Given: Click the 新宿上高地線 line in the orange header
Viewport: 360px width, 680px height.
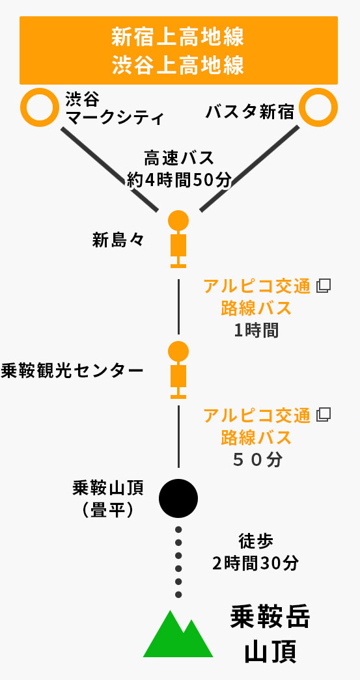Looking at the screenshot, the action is pos(178,37).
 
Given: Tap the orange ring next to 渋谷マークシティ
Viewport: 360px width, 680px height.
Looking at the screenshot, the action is pos(40,107).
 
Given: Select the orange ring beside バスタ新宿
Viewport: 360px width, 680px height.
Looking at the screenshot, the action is pos(318,107).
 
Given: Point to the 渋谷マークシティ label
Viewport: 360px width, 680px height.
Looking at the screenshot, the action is pos(115,109).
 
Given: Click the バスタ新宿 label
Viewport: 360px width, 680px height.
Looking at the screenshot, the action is pos(250,113).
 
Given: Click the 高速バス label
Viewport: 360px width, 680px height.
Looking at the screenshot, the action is pos(179,158).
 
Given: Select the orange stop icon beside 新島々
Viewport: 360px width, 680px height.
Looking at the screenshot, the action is pos(178,239).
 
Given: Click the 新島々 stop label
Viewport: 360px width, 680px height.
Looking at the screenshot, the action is pos(118,241).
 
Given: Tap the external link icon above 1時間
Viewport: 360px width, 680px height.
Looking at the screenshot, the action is pos(324,286).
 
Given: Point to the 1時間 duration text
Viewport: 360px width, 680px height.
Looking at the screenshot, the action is pos(256,331).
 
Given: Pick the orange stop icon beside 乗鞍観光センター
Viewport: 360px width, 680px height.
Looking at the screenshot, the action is pos(178,370).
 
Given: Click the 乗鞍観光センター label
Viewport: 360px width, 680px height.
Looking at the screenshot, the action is pos(72,371).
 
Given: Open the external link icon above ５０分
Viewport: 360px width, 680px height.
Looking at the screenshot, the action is pos(324,415).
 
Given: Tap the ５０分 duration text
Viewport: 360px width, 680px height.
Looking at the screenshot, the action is pos(256,459).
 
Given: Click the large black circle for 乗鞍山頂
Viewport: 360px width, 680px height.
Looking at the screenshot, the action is pos(178,498).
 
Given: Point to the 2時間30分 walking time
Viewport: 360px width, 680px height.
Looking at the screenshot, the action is pos(256,563).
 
